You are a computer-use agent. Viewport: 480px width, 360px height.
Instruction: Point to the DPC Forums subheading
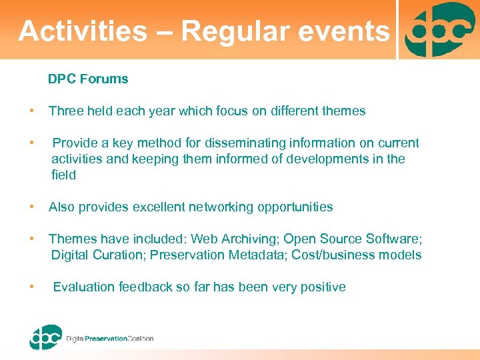click(x=88, y=79)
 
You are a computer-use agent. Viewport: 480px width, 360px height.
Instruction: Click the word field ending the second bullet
click(x=64, y=175)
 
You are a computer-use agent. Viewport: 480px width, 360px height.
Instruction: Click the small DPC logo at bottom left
click(x=45, y=337)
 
